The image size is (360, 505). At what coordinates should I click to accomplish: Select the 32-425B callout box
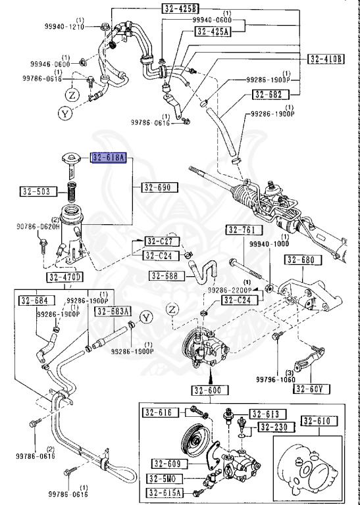coord(180,8)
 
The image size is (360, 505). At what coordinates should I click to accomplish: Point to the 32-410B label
coord(326,59)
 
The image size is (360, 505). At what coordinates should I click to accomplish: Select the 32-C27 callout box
coord(158,241)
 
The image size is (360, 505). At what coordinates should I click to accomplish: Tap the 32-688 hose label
coord(165,276)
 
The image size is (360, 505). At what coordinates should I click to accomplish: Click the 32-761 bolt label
coord(244,230)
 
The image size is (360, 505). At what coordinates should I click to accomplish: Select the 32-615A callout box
coord(165,493)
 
